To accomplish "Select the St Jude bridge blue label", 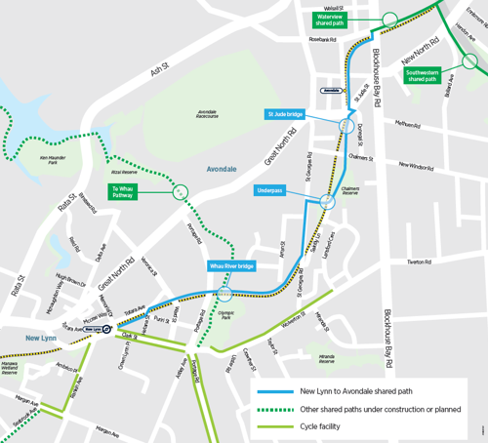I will click(284, 114).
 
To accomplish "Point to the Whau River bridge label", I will click(232, 265).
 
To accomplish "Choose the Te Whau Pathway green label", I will click(122, 192).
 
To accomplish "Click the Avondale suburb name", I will click(221, 169).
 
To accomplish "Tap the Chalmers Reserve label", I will click(352, 193).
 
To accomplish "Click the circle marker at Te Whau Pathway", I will click(180, 192).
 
